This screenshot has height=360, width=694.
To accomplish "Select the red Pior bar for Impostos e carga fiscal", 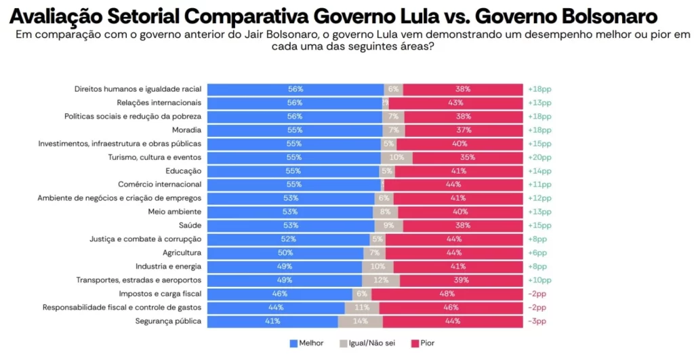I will (x=447, y=294).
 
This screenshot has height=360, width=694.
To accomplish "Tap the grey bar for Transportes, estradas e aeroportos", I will (x=380, y=280).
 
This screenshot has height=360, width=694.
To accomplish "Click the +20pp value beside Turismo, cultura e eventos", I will (x=539, y=157).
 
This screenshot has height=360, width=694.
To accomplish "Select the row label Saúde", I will (x=190, y=225).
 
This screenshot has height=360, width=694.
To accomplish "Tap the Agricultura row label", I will (x=179, y=252).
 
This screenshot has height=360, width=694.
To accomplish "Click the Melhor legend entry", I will (x=306, y=343).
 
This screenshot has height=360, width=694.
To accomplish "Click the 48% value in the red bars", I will (x=447, y=294).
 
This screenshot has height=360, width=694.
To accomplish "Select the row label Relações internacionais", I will (x=159, y=102).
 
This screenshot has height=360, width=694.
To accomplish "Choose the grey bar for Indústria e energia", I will (x=377, y=266).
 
